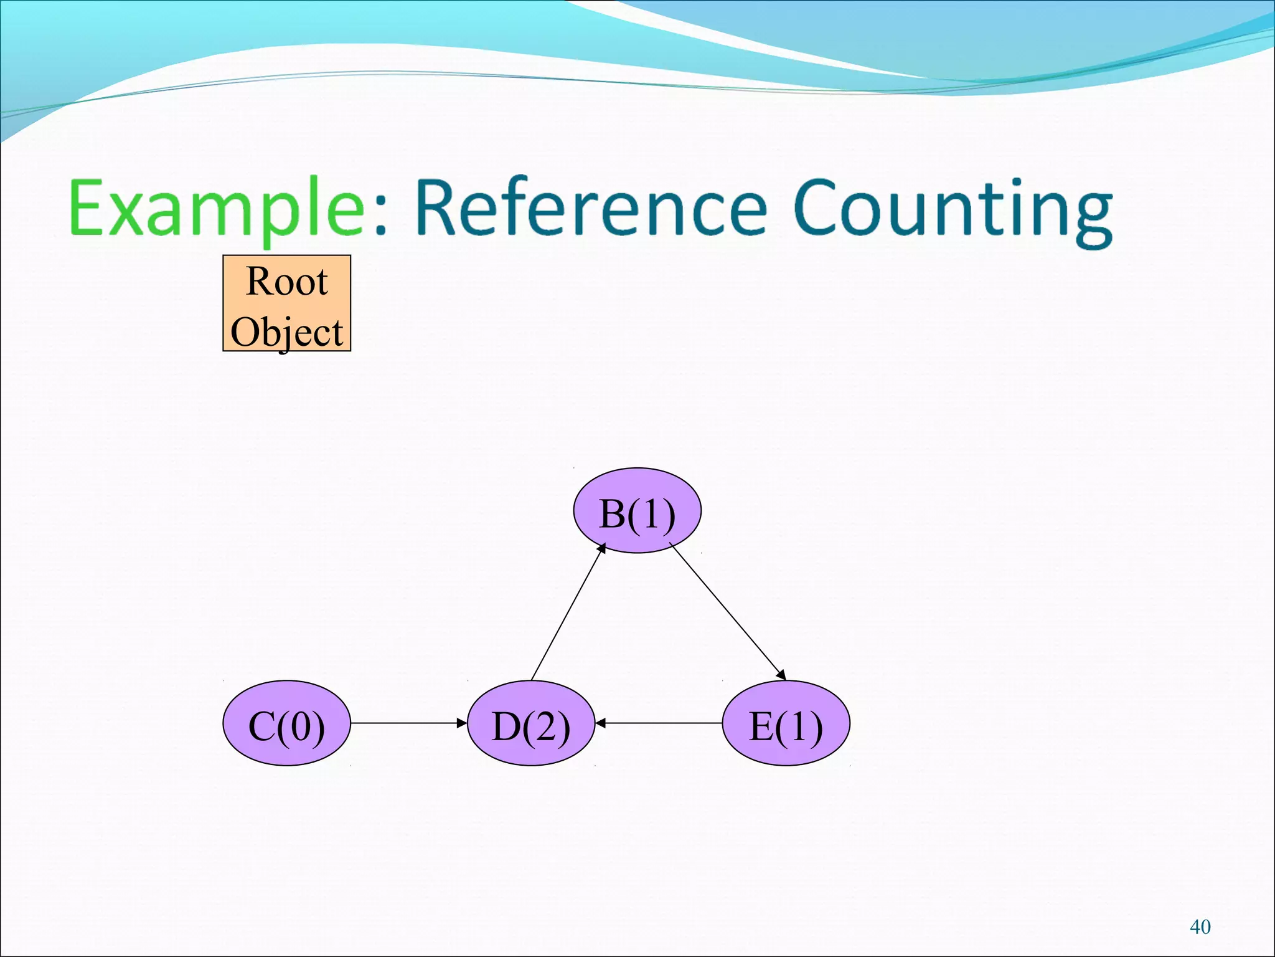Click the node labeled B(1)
pyautogui.click(x=637, y=510)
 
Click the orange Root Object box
pyautogui.click(x=286, y=303)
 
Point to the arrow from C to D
pyautogui.click(x=408, y=723)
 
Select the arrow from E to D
pyautogui.click(x=660, y=723)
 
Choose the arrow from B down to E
pyautogui.click(x=727, y=611)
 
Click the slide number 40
pyautogui.click(x=1200, y=927)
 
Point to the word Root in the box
pyautogui.click(x=286, y=282)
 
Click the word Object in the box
pyautogui.click(x=286, y=332)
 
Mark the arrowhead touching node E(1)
pyautogui.click(x=781, y=675)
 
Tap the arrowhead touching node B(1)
pyautogui.click(x=602, y=548)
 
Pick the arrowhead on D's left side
pyautogui.click(x=462, y=723)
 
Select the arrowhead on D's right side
pyautogui.click(x=601, y=723)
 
